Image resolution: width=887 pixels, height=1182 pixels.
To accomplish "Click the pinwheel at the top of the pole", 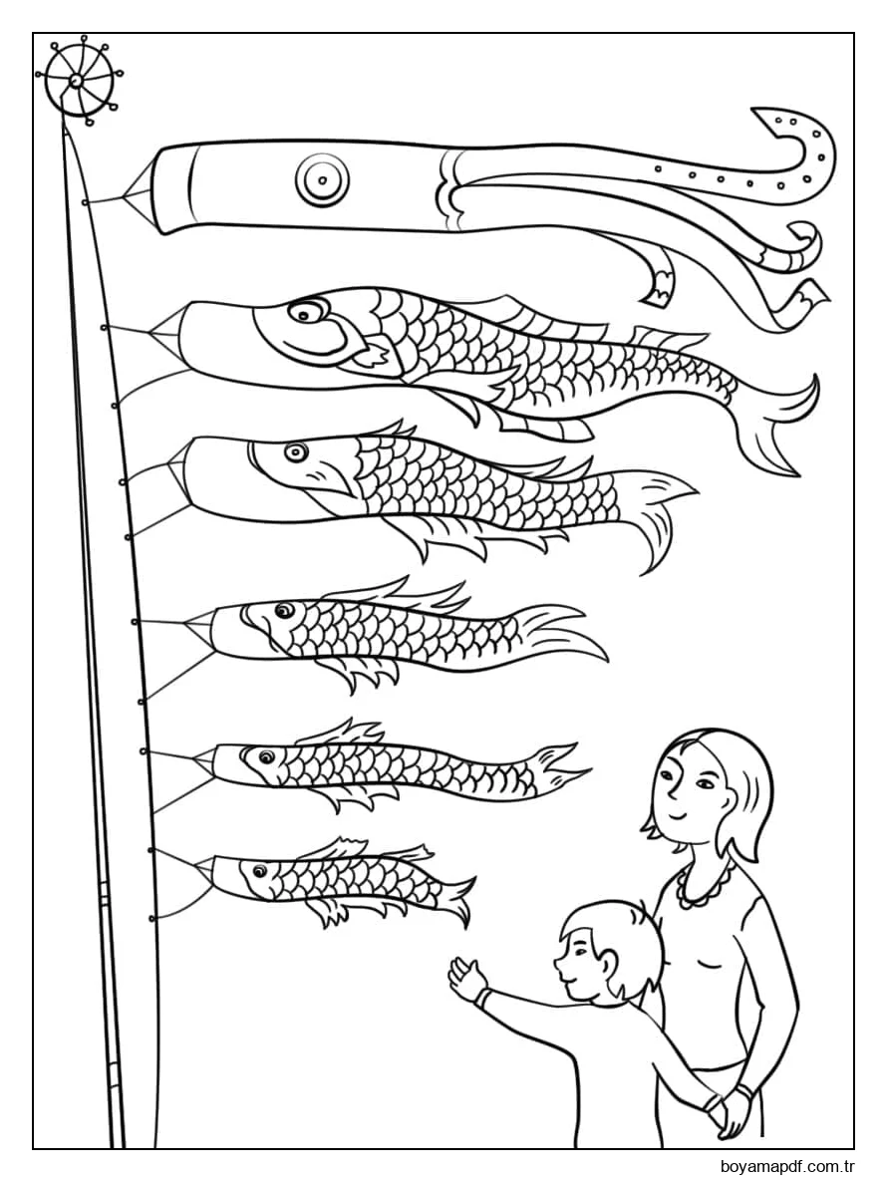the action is (78, 79).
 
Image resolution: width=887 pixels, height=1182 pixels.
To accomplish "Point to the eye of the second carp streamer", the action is (292, 452).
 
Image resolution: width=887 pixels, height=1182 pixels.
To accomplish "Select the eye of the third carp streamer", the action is (284, 611).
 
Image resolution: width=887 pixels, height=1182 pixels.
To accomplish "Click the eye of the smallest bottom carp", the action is (260, 871).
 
